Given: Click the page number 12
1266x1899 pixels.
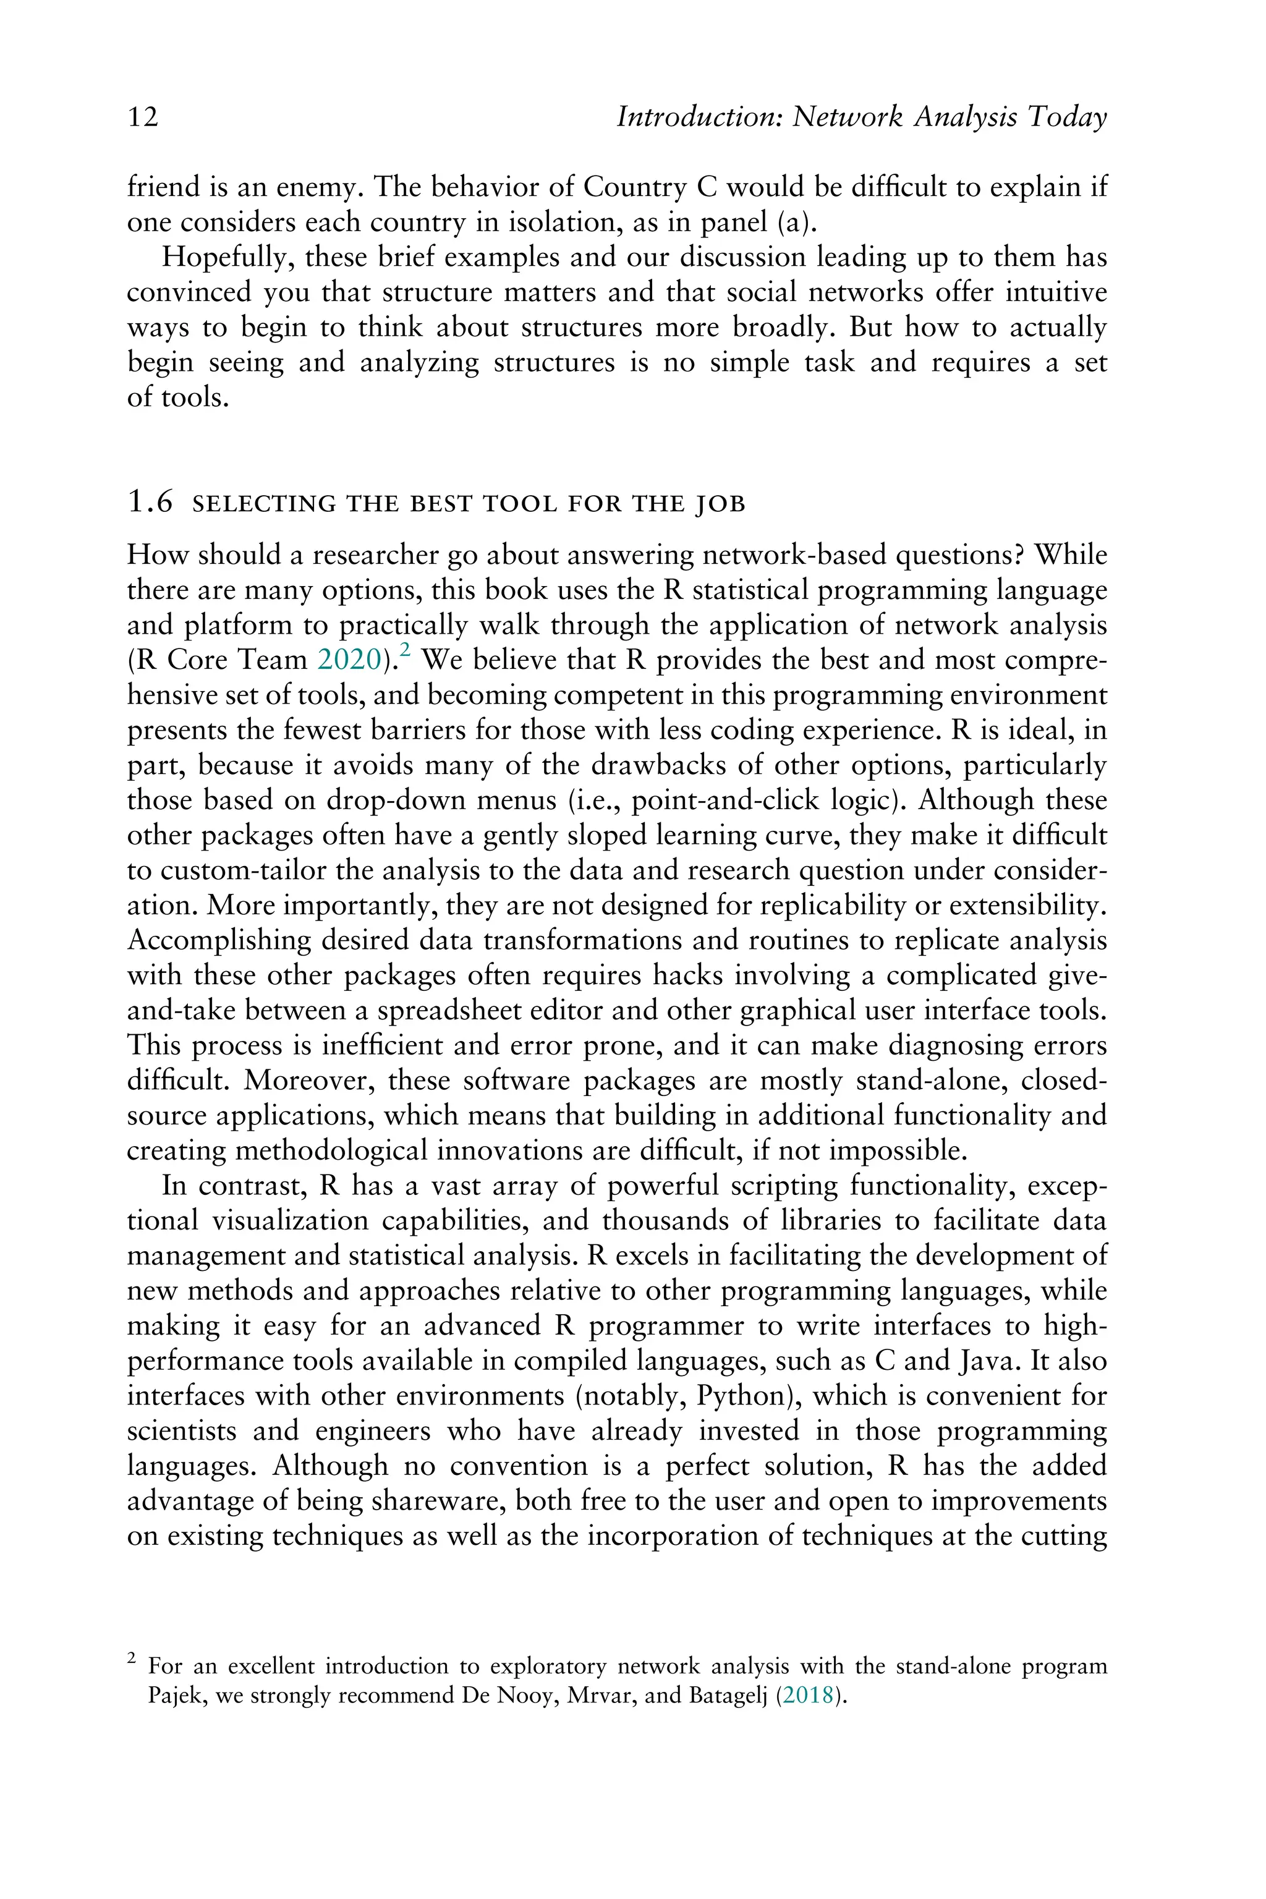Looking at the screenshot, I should [x=143, y=118].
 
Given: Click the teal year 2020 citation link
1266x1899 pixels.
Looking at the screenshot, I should [x=349, y=660].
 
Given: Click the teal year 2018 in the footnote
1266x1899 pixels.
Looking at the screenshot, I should [x=808, y=1696].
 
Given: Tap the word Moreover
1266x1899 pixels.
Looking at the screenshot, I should [x=310, y=1081].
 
